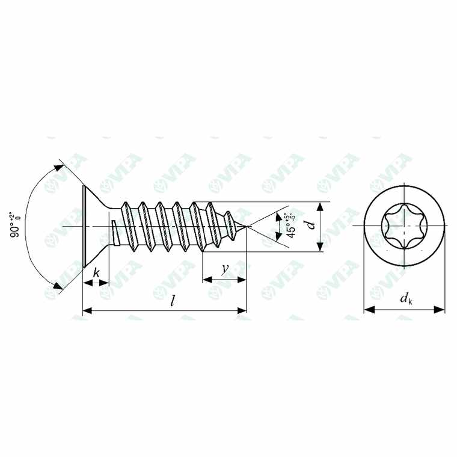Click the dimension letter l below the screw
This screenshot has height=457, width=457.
[x=172, y=301]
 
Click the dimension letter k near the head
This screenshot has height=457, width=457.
[x=96, y=272]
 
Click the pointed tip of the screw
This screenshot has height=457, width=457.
[x=246, y=226]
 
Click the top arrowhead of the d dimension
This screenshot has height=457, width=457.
[x=321, y=206]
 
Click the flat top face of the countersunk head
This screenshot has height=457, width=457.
[x=82, y=226]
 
